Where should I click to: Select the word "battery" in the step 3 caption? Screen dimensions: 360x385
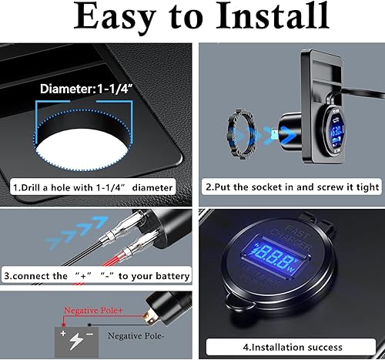(x=168, y=276)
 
